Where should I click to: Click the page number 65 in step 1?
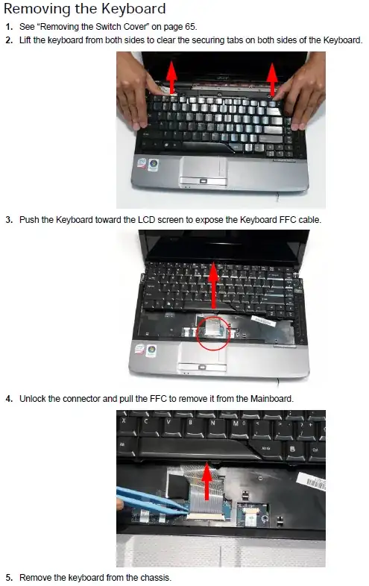coord(189,27)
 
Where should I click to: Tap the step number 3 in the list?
coord(9,220)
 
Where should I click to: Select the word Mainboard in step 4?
coord(271,399)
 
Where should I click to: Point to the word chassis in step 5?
coord(155,577)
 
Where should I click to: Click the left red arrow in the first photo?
coord(171,78)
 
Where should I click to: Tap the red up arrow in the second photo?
coord(213,285)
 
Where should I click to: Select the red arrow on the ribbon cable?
coord(206,482)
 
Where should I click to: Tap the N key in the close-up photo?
coord(212,426)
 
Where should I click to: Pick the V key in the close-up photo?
coord(168,425)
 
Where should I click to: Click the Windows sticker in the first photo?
coord(153,165)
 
